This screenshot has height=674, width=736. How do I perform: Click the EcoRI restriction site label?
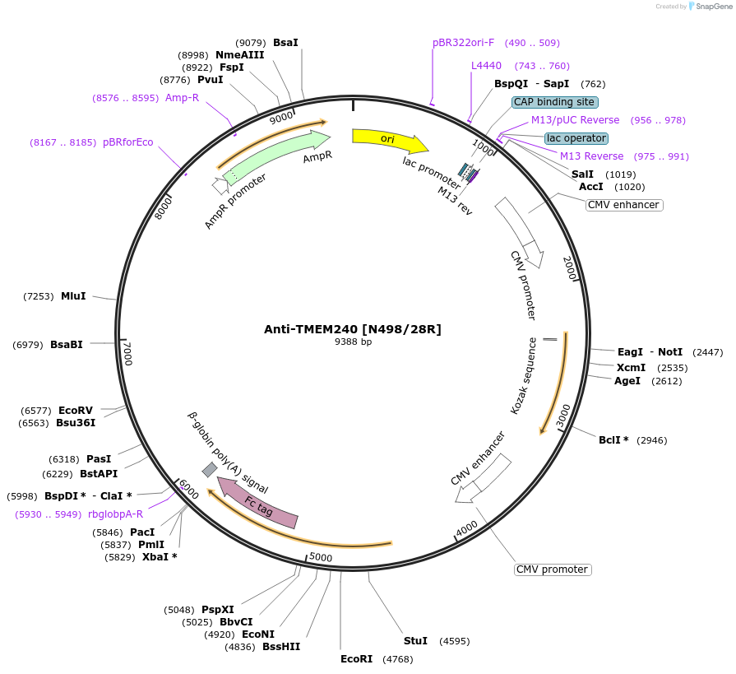coord(356,658)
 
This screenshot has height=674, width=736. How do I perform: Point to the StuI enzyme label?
coord(415,640)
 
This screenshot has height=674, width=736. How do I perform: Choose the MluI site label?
coord(73,295)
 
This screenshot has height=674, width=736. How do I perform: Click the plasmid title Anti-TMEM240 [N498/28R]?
coord(352,329)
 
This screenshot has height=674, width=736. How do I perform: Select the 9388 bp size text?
coord(353,342)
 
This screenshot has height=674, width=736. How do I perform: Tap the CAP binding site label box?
coord(554,102)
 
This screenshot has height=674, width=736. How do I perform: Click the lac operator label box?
coord(576,138)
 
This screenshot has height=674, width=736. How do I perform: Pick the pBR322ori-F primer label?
coord(464,43)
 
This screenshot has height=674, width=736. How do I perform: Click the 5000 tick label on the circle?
coord(321,557)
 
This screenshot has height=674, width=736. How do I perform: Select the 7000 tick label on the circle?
coord(127,354)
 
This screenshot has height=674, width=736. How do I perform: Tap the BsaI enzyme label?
coord(285,42)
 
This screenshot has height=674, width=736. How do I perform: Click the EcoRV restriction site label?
coord(76,410)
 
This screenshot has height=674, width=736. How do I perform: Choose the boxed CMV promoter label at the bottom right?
coord(553,569)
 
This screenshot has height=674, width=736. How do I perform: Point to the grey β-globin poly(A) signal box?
coord(210,469)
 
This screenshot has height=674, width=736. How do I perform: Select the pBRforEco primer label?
coord(127,142)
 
